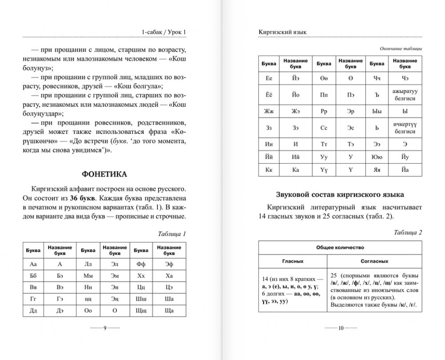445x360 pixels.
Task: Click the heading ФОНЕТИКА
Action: pos(104,174)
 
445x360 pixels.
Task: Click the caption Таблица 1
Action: pos(172,233)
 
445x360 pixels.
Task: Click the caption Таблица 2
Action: pos(408,232)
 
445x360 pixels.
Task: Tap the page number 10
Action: pos(340,329)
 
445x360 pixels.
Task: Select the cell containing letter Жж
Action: pos(268,111)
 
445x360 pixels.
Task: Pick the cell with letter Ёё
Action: pos(268,94)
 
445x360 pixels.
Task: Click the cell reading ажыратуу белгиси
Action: pos(404,94)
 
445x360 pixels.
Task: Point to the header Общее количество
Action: pos(340,247)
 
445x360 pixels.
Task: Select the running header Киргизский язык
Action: pos(283,32)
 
